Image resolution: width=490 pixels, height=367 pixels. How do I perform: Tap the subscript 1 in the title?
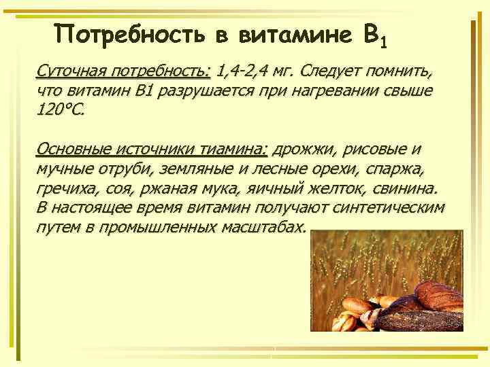(384, 45)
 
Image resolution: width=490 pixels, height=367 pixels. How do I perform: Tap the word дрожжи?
(304, 149)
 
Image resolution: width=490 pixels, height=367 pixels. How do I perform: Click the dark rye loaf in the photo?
(419, 319)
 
